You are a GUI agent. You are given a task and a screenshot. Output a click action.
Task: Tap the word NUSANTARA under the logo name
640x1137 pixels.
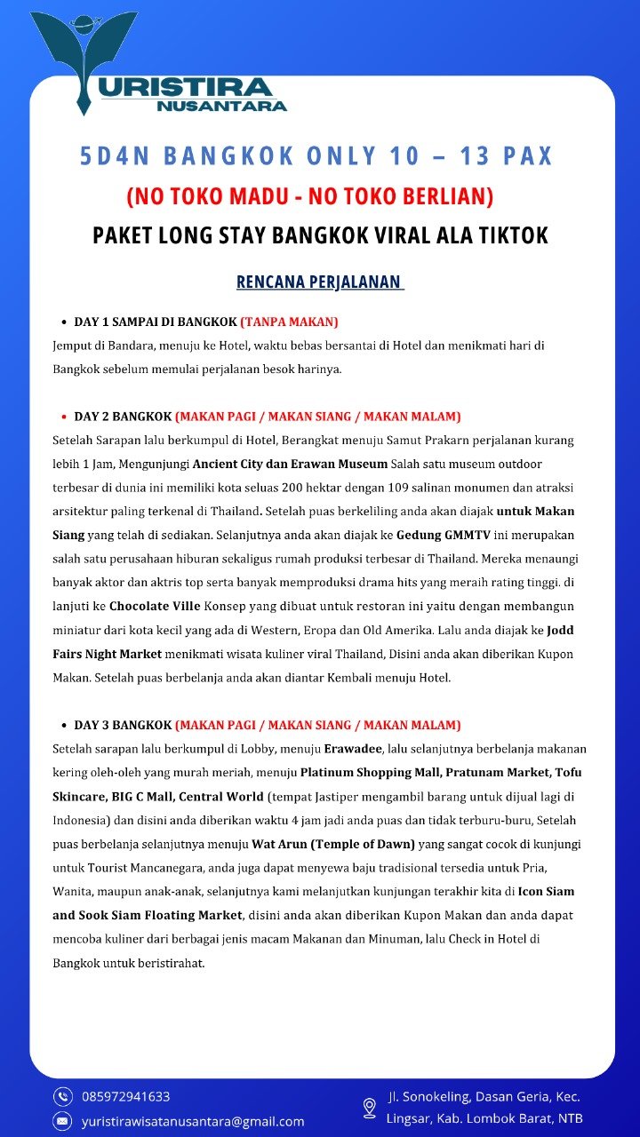coord(221,106)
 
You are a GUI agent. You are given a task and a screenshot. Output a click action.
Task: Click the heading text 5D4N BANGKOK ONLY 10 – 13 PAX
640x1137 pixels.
coord(316,156)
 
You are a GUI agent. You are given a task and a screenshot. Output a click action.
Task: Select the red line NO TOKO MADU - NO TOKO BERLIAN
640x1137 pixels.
coord(309,195)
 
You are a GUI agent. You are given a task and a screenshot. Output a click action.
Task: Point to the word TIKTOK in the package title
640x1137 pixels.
coord(509,235)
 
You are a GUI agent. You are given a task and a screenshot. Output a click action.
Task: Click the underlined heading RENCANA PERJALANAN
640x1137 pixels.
coord(319,282)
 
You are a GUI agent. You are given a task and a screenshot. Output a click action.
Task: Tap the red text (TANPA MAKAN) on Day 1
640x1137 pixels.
coord(289,322)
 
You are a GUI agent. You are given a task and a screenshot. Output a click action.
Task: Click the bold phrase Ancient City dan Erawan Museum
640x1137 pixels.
coord(290,464)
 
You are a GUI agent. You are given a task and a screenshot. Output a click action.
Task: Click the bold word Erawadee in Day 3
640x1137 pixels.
coord(353,749)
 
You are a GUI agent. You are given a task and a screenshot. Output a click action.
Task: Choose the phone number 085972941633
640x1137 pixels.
coord(125,1096)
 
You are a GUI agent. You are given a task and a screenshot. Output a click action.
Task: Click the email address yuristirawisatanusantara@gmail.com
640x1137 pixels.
coord(193,1121)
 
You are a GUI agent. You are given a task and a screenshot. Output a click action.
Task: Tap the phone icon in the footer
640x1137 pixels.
coord(62,1096)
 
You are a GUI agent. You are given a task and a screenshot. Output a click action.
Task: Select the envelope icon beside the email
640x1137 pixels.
coord(62,1121)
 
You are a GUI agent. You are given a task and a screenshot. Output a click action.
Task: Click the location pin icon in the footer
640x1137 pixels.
coord(370,1108)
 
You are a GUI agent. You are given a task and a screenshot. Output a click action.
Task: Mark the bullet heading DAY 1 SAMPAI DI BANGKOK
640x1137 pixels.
coord(155,322)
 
